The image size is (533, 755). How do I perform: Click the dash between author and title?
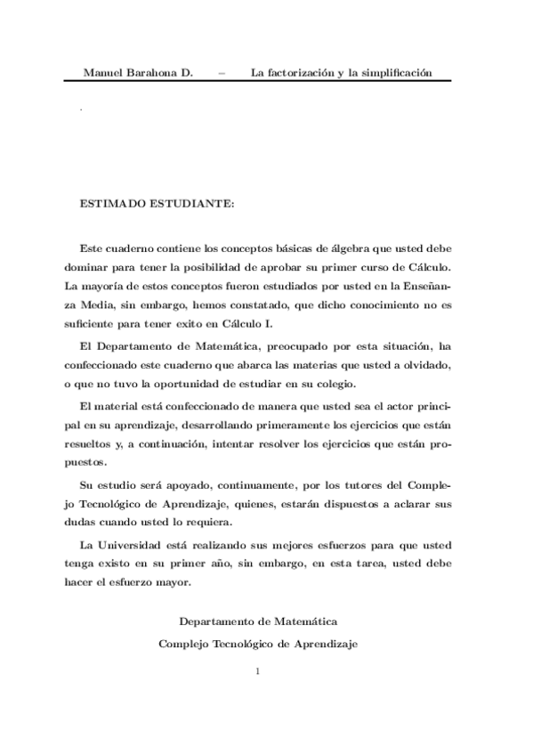221,73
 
